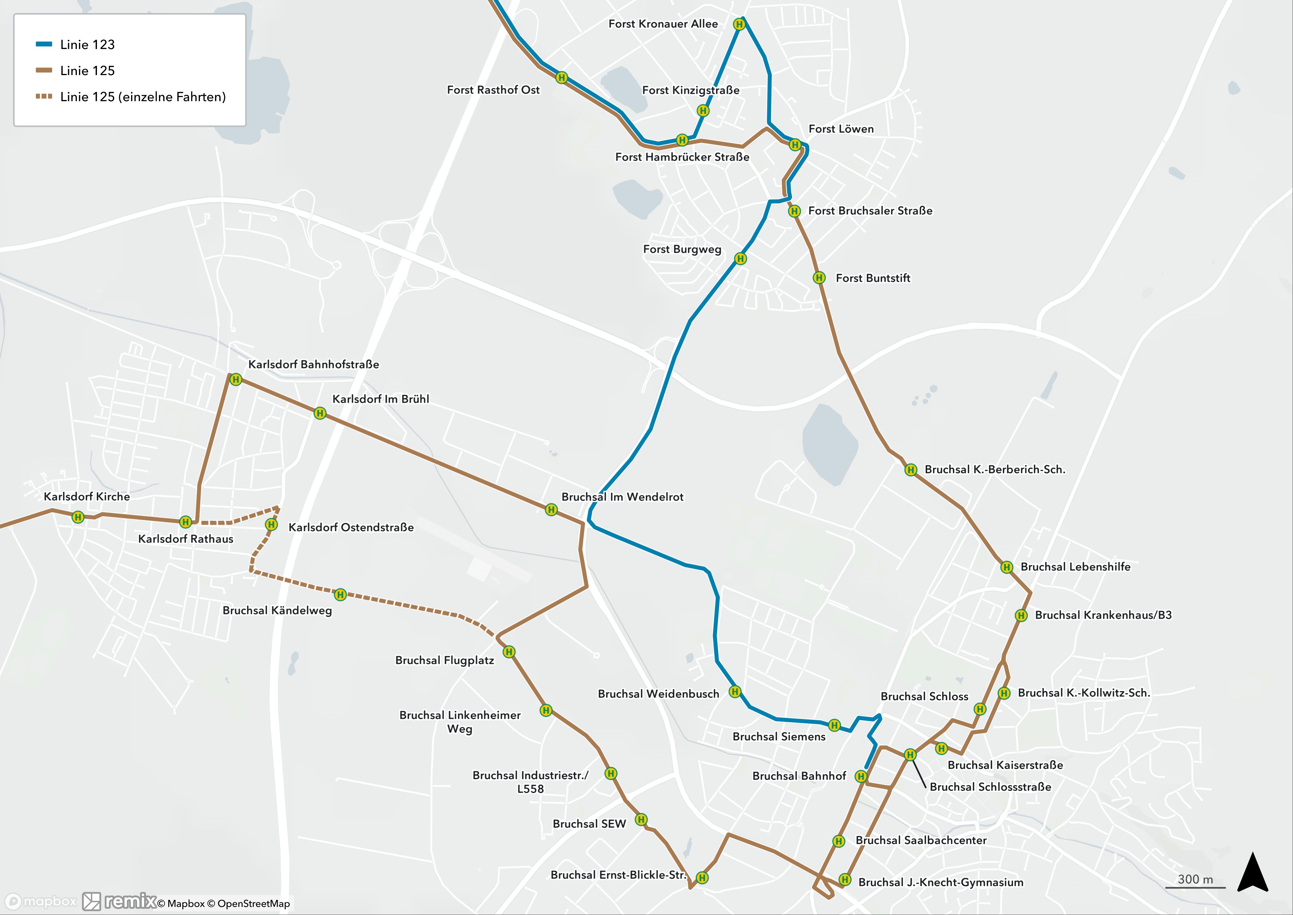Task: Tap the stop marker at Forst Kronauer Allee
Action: (740, 24)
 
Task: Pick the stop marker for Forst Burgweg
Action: (741, 259)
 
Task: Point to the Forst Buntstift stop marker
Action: (819, 278)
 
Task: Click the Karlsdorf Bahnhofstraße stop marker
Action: (236, 380)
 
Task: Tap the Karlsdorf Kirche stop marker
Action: (78, 517)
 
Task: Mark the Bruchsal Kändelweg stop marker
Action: (340, 595)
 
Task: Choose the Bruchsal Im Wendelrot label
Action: (622, 497)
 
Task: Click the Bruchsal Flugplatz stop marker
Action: (509, 652)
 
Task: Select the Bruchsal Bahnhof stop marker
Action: (860, 776)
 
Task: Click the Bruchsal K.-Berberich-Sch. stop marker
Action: (911, 470)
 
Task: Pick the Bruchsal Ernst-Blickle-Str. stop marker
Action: (702, 877)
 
